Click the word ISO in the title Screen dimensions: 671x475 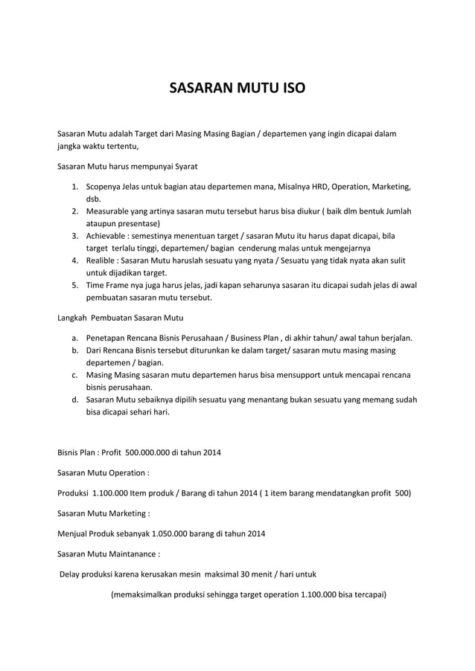[x=290, y=91]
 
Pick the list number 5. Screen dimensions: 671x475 [x=75, y=285]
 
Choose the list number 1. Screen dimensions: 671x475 [x=75, y=186]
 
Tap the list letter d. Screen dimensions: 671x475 [x=75, y=399]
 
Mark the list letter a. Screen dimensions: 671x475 [x=75, y=338]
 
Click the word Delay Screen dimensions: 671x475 [x=71, y=574]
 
